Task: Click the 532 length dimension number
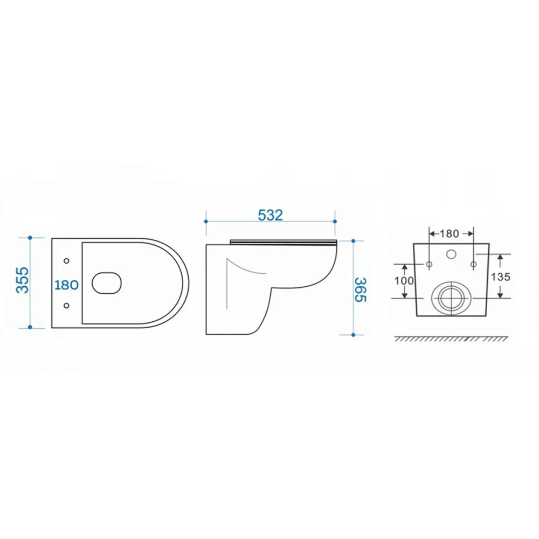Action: [x=270, y=215]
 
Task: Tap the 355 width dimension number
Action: [x=23, y=280]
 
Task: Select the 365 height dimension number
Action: [x=360, y=290]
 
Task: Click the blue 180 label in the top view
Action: [x=67, y=285]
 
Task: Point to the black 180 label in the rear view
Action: [x=450, y=234]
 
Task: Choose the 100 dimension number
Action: [x=404, y=281]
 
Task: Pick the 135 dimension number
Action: [x=501, y=277]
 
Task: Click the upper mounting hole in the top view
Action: [x=66, y=261]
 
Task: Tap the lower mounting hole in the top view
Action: [x=66, y=305]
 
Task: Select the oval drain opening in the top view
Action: [x=107, y=284]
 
